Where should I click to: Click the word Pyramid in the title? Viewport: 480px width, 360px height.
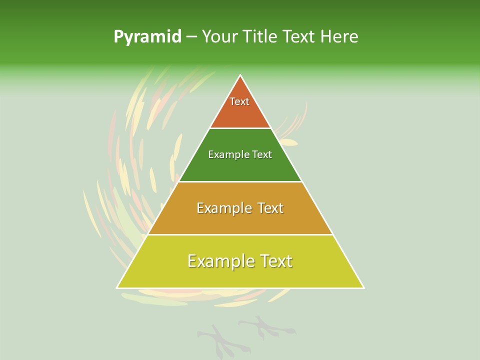[x=147, y=37]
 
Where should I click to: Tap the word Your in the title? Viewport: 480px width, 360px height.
[x=219, y=37]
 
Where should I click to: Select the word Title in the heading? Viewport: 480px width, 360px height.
[x=260, y=37]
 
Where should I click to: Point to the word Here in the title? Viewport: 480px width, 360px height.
[x=339, y=37]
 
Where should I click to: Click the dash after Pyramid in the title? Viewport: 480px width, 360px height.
[x=191, y=37]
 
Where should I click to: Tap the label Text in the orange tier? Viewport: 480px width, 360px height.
[x=239, y=101]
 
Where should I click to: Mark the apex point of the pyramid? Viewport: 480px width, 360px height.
[x=240, y=75]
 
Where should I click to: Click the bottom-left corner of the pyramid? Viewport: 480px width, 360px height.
[x=117, y=288]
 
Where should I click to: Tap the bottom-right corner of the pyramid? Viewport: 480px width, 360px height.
[x=363, y=288]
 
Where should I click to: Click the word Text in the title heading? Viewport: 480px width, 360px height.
[x=299, y=37]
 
